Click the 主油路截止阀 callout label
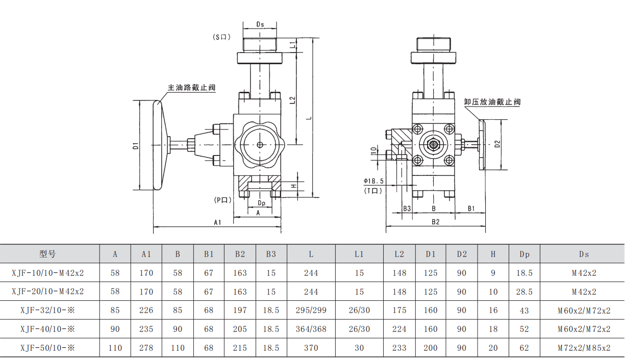(x=192, y=88)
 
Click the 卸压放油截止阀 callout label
(x=492, y=102)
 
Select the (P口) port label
(x=223, y=200)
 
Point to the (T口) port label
(x=373, y=190)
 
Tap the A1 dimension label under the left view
(x=217, y=222)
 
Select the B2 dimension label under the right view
(x=435, y=222)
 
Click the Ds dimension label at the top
(x=260, y=24)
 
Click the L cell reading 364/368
(x=311, y=329)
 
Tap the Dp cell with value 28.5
(x=524, y=292)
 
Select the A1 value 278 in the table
(x=146, y=348)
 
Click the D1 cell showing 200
(x=431, y=348)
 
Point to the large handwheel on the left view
(x=158, y=145)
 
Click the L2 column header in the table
(x=399, y=254)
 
